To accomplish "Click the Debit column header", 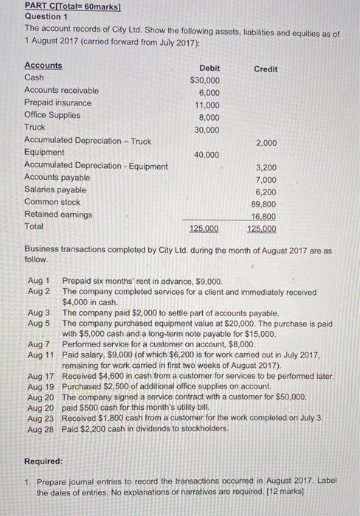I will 210,68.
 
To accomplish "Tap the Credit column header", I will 266,69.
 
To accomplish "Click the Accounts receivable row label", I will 61,91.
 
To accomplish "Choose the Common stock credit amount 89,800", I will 263,205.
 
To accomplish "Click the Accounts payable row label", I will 57,178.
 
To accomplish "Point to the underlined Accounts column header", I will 44,65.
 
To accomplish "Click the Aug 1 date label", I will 38,281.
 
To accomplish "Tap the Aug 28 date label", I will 40,428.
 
